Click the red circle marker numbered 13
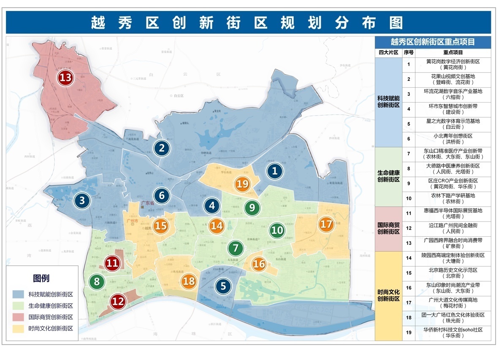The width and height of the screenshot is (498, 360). click(66, 78)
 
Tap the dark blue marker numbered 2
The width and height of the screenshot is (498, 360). click(162, 148)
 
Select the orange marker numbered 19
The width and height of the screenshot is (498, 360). click(243, 184)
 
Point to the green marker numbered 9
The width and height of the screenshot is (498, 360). click(252, 208)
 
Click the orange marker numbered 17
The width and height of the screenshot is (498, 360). click(326, 224)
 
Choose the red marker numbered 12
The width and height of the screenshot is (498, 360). click(118, 301)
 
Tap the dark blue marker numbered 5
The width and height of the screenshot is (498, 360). click(223, 286)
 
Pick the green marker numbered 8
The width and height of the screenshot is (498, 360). click(97, 282)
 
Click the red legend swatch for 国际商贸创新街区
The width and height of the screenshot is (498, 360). click(19, 317)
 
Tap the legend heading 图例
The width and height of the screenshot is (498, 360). click(41, 278)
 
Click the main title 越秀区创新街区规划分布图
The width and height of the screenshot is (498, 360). click(248, 22)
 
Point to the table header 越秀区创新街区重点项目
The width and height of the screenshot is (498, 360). click(433, 42)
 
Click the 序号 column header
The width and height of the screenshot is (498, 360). click(409, 53)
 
